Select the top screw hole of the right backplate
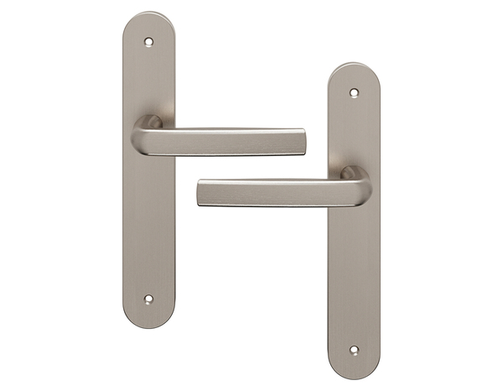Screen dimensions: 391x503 point(353,92)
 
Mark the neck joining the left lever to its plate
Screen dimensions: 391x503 point(152,123)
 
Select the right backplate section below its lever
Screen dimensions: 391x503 point(353,277)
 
